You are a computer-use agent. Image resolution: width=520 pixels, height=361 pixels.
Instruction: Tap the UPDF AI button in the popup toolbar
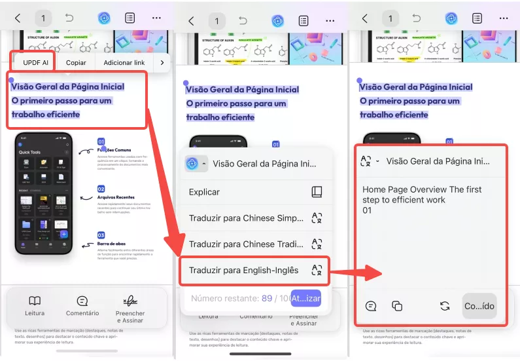coord(31,62)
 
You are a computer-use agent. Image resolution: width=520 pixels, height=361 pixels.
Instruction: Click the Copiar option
coord(75,62)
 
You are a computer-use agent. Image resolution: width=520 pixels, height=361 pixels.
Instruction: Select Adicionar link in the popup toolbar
coord(124,62)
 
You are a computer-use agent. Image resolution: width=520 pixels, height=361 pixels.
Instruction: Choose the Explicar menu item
coord(204,192)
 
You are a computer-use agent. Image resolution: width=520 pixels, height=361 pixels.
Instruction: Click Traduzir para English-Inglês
coord(243,270)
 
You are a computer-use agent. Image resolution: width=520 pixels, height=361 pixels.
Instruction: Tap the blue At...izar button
coord(305,298)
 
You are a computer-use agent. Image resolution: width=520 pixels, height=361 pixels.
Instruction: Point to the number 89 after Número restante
coord(267,298)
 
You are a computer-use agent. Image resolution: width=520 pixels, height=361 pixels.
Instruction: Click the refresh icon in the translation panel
coord(445,306)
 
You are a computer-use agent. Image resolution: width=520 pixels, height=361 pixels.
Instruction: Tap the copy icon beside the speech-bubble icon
coord(396,306)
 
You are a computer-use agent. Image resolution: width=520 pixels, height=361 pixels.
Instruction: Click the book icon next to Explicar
coord(317,192)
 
